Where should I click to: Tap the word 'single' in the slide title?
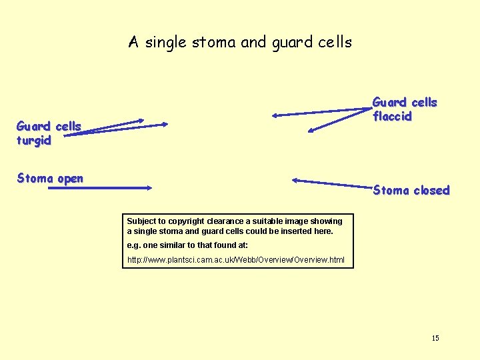pyautogui.click(x=167, y=43)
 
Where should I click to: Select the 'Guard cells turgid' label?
pyautogui.click(x=49, y=133)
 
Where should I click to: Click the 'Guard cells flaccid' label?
pyautogui.click(x=404, y=109)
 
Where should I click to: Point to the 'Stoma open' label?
pyautogui.click(x=50, y=179)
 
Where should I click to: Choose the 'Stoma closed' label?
pyautogui.click(x=411, y=191)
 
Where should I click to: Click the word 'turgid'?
pyautogui.click(x=34, y=141)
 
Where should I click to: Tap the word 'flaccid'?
pyautogui.click(x=392, y=117)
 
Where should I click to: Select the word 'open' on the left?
pyautogui.click(x=70, y=179)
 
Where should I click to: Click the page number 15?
pyautogui.click(x=435, y=339)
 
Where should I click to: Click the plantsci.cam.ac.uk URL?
pyautogui.click(x=236, y=259)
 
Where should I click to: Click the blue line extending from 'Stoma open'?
pyautogui.click(x=100, y=189)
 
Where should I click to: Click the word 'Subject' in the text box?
pyautogui.click(x=141, y=221)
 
